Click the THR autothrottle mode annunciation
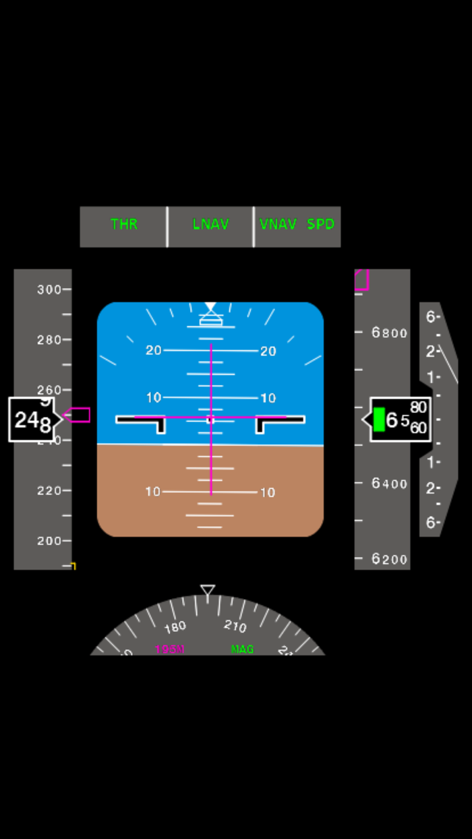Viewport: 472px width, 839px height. coord(124,225)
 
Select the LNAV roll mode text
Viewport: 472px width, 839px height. coord(211,225)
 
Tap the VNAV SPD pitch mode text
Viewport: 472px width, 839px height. coord(297,225)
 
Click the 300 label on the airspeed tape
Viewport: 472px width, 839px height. coord(49,289)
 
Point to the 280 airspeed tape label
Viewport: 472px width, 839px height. coord(49,340)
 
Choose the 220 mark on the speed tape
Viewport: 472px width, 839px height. coord(49,491)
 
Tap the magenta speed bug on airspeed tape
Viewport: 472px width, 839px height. coord(78,415)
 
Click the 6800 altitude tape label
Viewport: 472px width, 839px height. coord(390,332)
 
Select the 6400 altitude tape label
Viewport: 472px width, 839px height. coord(390,484)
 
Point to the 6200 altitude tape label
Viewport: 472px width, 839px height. coord(390,559)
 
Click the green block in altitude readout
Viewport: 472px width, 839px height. coord(379,419)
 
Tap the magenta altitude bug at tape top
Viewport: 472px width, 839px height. coord(361,280)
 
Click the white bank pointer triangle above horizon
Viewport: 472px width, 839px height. coord(210,308)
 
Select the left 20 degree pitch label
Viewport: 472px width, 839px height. coord(154,351)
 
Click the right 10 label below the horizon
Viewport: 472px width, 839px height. coord(268,492)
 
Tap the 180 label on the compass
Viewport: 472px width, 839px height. coord(175,627)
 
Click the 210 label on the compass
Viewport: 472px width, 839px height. coord(235,626)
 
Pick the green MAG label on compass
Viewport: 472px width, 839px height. coord(242,649)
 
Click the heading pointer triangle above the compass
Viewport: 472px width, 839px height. coord(208,590)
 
